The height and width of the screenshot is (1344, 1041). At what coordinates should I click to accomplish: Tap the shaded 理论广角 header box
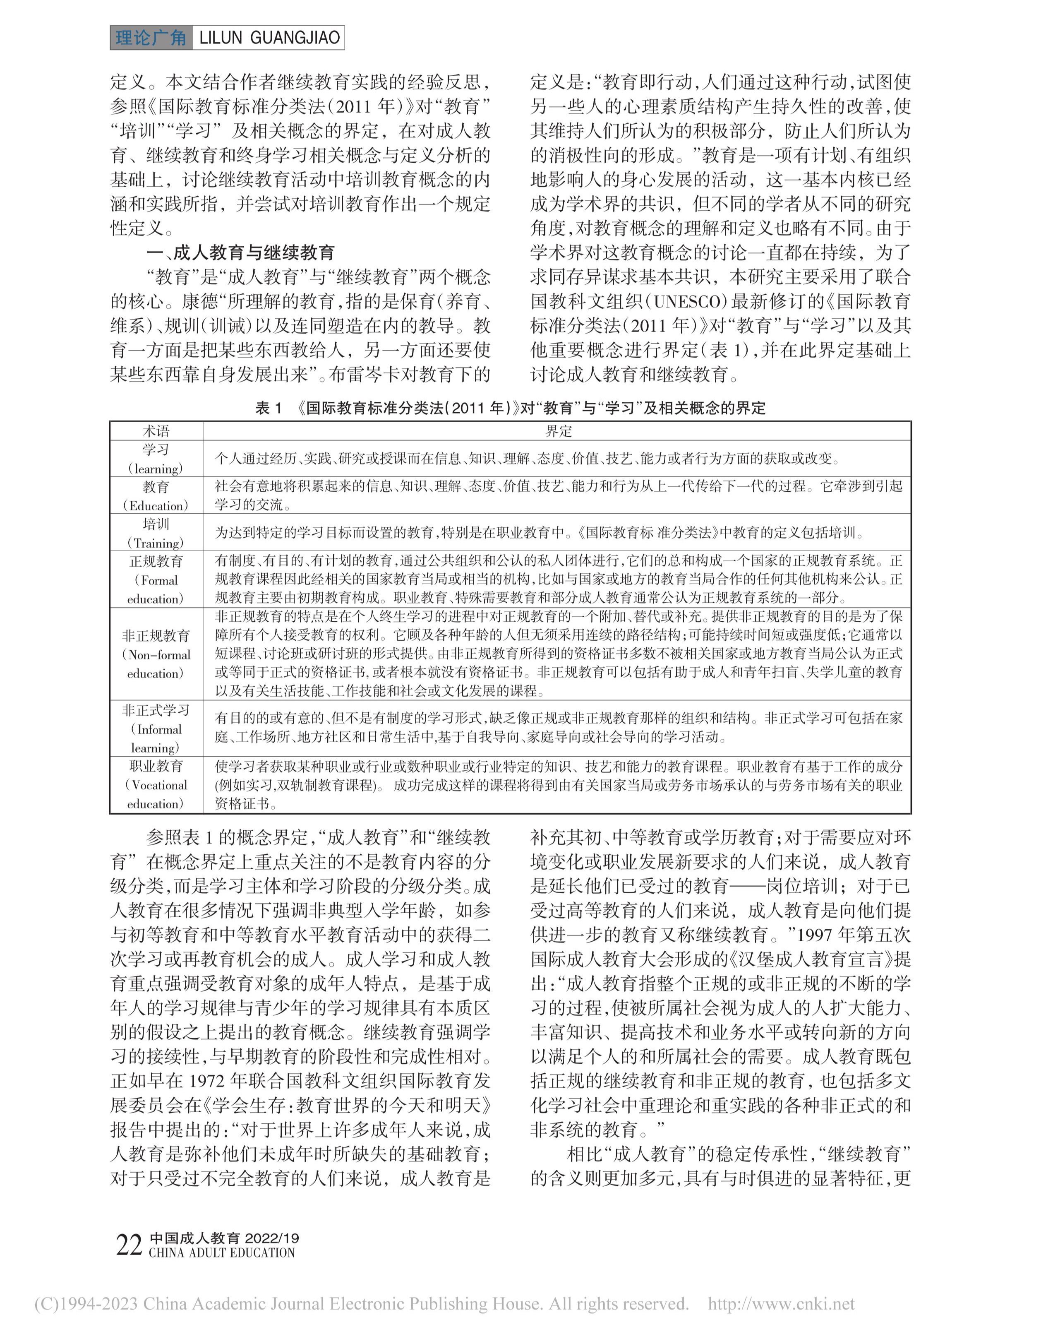(151, 38)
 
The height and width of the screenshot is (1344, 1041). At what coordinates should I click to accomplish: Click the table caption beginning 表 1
(510, 408)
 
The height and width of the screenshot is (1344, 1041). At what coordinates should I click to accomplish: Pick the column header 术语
(156, 431)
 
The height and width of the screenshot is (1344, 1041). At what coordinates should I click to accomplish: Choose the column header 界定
(558, 431)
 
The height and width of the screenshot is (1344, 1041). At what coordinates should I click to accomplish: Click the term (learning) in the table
(156, 468)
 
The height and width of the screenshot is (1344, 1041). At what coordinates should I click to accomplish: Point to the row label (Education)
(156, 506)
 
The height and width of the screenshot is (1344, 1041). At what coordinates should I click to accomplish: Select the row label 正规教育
(156, 561)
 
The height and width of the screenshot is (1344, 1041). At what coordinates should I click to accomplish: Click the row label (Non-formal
(156, 655)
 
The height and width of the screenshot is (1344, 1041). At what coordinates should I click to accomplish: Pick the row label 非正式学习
(156, 711)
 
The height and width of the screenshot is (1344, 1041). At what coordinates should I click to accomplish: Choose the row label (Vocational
(156, 785)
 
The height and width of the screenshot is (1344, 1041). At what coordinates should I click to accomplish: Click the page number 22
(129, 1245)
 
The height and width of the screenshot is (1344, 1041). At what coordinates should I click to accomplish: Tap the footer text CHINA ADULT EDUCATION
(221, 1252)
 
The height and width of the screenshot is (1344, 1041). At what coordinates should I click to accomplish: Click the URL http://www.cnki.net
(781, 1304)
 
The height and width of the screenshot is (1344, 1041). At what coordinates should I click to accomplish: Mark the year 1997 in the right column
(816, 935)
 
